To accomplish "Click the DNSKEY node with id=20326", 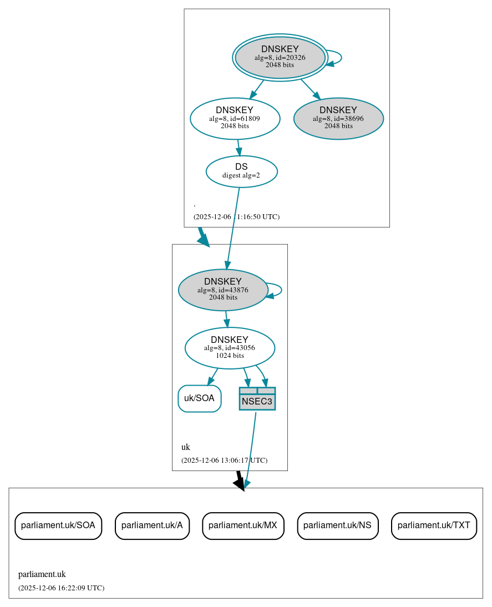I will [280, 57].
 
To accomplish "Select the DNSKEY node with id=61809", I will [235, 118].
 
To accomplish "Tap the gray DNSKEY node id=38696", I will [338, 118].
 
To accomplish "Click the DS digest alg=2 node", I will [241, 171].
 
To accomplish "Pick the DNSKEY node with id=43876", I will [223, 290].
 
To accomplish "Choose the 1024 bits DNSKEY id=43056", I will [230, 348].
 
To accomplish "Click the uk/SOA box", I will [199, 398].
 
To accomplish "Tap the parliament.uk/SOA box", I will [58, 525].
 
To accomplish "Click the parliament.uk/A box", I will [152, 525].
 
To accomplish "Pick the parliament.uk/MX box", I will [243, 525].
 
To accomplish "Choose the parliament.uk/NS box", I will [338, 525].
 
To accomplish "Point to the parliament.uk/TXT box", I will [434, 525].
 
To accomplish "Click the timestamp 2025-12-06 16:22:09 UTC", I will [61, 588].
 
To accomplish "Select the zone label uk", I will [185, 447].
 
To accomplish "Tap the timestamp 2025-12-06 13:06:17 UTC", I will [224, 460].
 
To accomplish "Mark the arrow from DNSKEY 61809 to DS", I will [239, 147].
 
